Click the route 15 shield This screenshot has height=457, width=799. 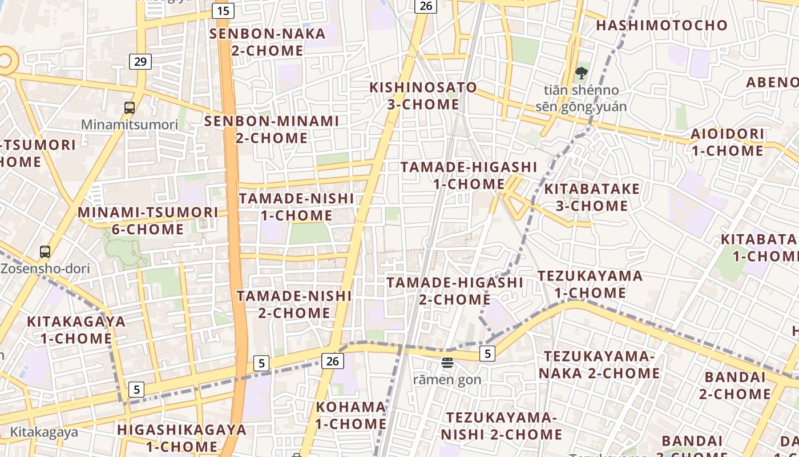click(223, 10)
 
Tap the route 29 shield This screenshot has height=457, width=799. click(140, 62)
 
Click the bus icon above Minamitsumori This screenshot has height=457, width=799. click(130, 107)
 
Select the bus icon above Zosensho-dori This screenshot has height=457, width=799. click(45, 251)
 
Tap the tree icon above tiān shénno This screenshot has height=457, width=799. click(582, 73)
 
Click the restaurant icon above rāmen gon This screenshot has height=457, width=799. click(447, 362)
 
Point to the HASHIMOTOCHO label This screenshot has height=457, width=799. click(662, 25)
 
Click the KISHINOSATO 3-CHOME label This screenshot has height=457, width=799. click(423, 96)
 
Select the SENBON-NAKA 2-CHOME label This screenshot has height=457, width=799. click(268, 42)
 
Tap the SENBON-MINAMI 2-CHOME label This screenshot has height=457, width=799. click(272, 130)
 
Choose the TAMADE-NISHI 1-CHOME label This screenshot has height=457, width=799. click(296, 207)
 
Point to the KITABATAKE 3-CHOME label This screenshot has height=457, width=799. click(592, 197)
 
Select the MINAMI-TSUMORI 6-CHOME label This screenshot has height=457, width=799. click(148, 221)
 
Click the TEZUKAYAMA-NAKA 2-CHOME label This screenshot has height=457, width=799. click(598, 364)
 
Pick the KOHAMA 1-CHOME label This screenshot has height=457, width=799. click(351, 415)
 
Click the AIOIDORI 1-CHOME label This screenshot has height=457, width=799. click(728, 142)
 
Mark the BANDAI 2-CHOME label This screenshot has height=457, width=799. click(735, 386)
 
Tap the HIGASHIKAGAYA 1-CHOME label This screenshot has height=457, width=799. click(182, 438)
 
